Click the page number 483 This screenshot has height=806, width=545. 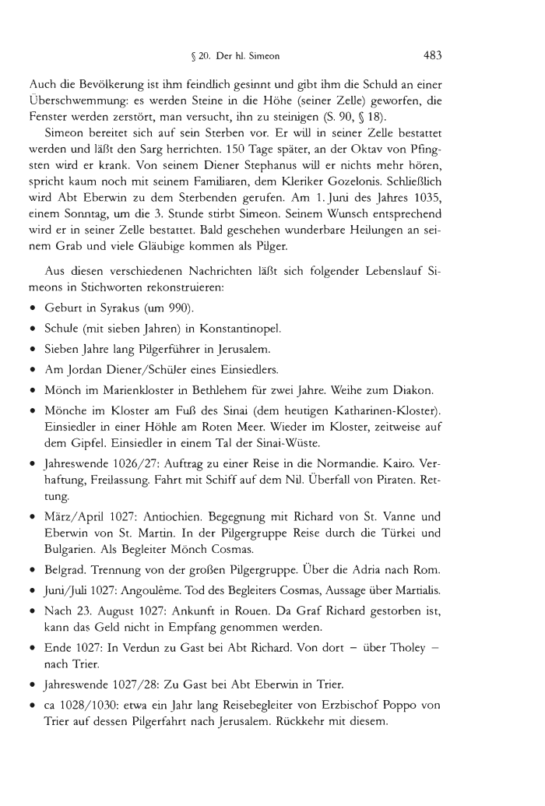(x=432, y=55)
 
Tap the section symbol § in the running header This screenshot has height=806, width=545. (x=202, y=56)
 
